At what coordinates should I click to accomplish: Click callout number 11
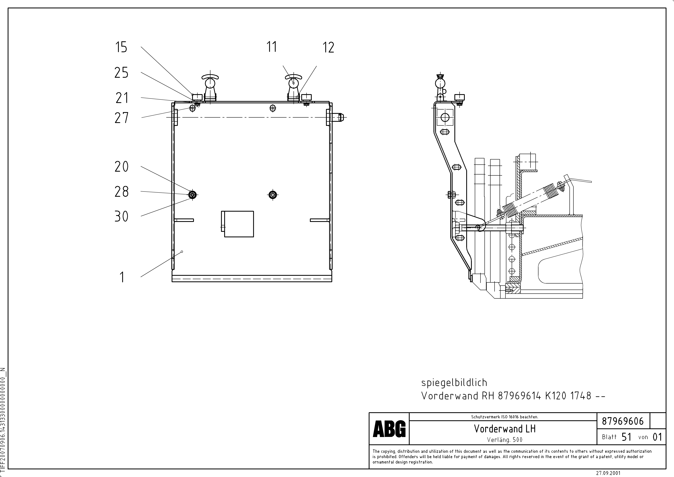pyautogui.click(x=272, y=47)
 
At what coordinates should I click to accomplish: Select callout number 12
pyautogui.click(x=328, y=48)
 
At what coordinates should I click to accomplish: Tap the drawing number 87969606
pyautogui.click(x=623, y=421)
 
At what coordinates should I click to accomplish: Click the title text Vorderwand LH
pyautogui.click(x=505, y=429)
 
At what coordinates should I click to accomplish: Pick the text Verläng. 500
pyautogui.click(x=505, y=440)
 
